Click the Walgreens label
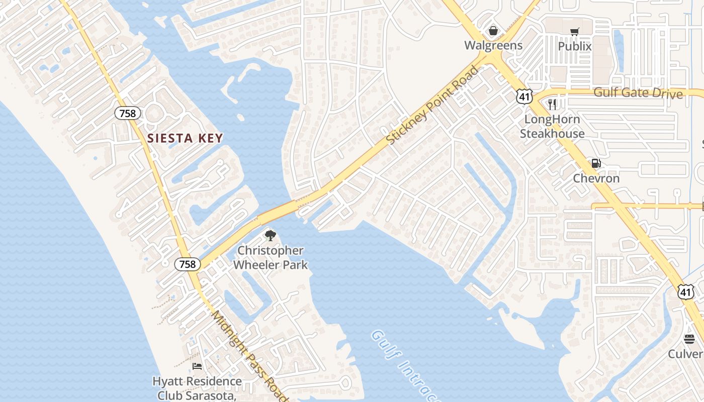point(493,45)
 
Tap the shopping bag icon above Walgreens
point(493,31)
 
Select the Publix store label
point(575,46)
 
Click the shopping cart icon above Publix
point(575,32)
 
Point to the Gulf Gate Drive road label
point(638,93)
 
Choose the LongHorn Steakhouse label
point(552,127)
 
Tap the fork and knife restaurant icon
point(552,105)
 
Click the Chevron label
point(596,178)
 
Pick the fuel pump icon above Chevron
point(596,163)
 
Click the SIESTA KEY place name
point(185,138)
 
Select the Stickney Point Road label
point(433,105)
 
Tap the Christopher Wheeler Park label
point(271,257)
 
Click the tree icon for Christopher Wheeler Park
point(271,235)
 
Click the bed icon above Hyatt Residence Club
point(197,366)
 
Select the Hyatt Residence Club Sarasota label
point(197,388)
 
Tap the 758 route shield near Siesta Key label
point(128,113)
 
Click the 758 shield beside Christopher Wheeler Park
point(188,264)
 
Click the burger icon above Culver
point(689,339)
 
